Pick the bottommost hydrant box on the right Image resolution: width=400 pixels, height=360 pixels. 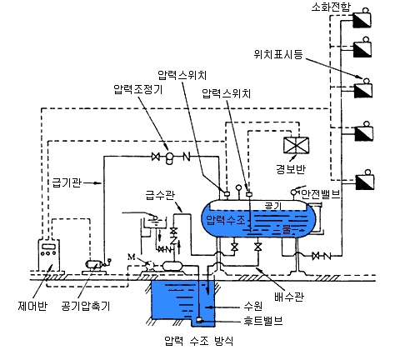(364, 180)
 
